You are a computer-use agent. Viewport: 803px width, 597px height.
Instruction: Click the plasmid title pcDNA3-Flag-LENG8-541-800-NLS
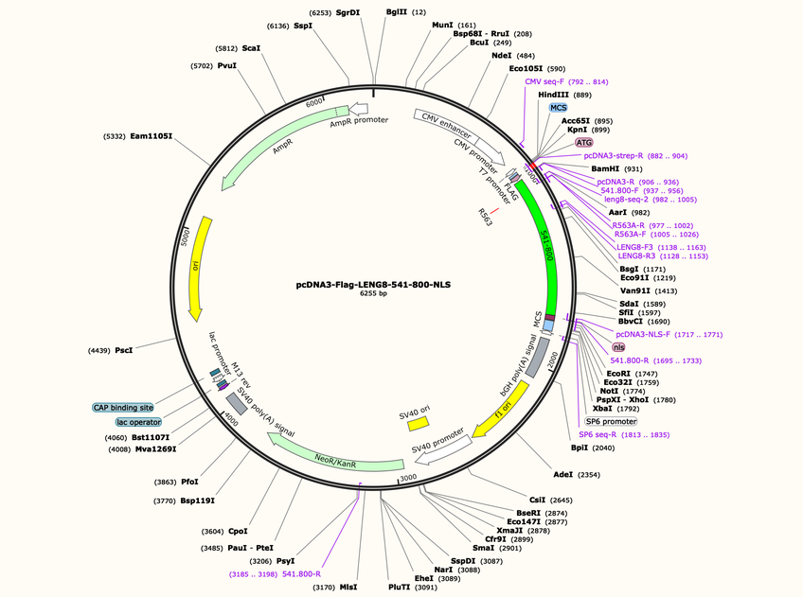point(373,285)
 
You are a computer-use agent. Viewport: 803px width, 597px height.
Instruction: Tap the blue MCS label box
point(558,108)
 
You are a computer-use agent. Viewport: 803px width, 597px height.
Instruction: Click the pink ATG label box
point(584,142)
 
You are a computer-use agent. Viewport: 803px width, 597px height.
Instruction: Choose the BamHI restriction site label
point(605,168)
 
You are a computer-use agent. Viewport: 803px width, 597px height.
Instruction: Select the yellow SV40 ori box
point(419,423)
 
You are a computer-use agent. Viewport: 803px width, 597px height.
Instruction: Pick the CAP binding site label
point(123,408)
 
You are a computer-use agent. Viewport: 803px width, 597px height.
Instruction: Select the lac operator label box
point(138,422)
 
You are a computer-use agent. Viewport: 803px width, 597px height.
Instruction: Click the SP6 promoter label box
point(611,422)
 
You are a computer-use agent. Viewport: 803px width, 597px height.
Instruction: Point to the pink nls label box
point(618,347)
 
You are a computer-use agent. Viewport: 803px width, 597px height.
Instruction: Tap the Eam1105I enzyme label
point(152,136)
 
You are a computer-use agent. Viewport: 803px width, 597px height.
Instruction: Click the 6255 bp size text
point(373,293)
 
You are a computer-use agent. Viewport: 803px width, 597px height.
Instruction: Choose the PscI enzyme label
point(123,350)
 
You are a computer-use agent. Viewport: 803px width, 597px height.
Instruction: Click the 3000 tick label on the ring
point(408,478)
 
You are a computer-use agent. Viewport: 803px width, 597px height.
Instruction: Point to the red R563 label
point(485,217)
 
